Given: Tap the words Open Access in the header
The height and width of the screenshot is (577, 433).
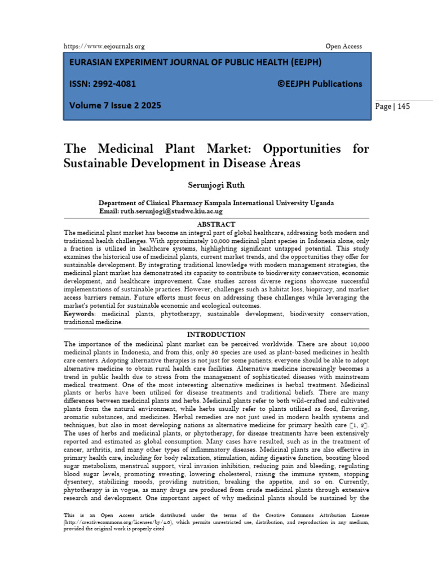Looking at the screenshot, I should tap(343, 46).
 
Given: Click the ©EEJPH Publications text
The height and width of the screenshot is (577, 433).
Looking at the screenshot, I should tap(320, 84).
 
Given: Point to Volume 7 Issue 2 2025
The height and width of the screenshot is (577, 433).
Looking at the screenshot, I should tap(115, 105).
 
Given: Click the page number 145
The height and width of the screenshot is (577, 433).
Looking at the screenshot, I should tap(403, 106).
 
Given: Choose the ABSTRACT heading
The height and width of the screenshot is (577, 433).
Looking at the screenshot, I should tap(216, 224).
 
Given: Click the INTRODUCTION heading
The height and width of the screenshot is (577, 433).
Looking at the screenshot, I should tap(216, 335).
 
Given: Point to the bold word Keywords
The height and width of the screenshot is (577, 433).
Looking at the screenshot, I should tap(78, 314).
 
